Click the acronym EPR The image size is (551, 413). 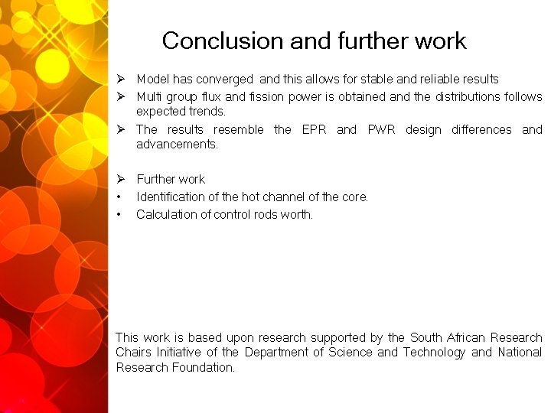[x=315, y=130]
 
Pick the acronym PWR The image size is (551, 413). [x=381, y=130]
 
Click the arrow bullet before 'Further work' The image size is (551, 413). [x=121, y=179]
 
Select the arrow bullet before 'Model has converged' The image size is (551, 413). [x=121, y=80]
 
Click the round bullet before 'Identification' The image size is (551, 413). [x=119, y=197]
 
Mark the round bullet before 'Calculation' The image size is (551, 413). [x=119, y=215]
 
